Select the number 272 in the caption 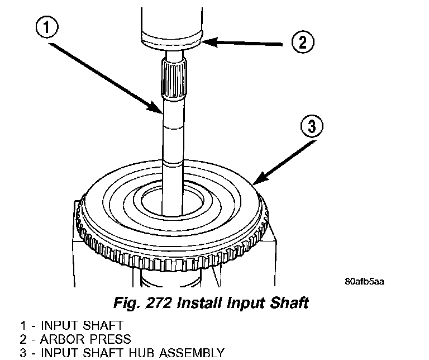click(x=158, y=304)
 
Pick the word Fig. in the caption click(x=126, y=304)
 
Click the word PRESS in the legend click(x=108, y=339)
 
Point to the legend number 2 click(x=23, y=339)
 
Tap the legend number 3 click(x=23, y=353)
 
